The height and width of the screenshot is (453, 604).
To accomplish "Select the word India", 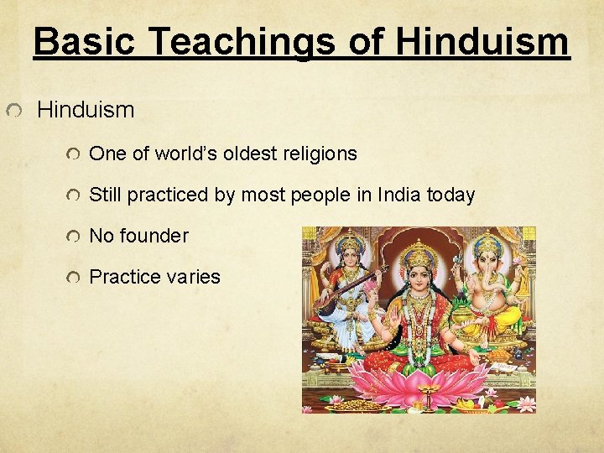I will click(x=400, y=195).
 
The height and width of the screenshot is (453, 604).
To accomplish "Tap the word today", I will click(x=451, y=195).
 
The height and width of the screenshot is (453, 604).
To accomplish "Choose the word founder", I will click(x=154, y=237).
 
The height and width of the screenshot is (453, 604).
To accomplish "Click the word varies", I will click(x=193, y=277).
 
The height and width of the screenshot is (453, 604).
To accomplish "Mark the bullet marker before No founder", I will click(x=75, y=237).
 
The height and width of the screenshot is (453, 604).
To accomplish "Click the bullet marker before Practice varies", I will click(x=75, y=278).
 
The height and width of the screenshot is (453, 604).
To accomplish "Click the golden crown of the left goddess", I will click(x=348, y=246).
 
